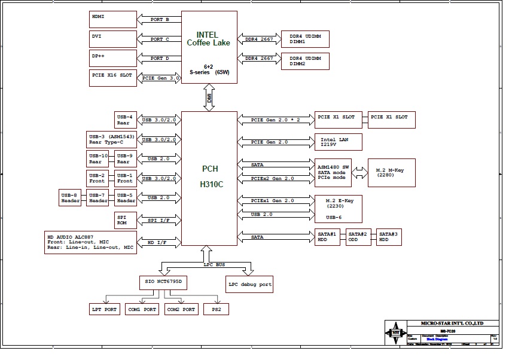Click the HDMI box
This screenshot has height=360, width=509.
[x=113, y=19]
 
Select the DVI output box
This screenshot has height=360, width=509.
[x=113, y=39]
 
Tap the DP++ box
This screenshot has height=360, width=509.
[x=113, y=58]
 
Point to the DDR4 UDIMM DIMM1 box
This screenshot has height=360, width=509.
[x=305, y=39]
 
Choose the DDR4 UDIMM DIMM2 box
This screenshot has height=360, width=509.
[x=305, y=60]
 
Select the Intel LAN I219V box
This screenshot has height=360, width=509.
[x=339, y=142]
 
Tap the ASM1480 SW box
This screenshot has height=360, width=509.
[x=333, y=172]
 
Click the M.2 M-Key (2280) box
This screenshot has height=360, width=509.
[x=392, y=172]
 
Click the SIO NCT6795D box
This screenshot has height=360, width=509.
[x=163, y=281]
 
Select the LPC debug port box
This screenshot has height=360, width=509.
[x=249, y=284]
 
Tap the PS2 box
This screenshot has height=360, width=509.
[x=216, y=309]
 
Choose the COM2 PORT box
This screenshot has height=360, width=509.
[x=181, y=309]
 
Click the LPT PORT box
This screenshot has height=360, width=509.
[x=104, y=309]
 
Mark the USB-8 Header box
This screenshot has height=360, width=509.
[x=71, y=198]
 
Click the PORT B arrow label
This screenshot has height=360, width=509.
[x=160, y=20]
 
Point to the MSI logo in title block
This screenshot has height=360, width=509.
[x=395, y=332]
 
